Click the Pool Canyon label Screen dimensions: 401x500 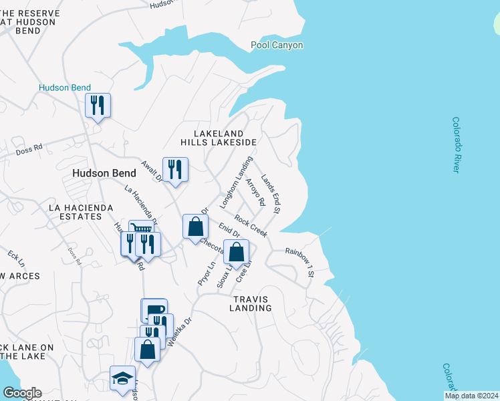[x=277, y=45]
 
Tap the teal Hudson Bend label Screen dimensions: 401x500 [x=65, y=88]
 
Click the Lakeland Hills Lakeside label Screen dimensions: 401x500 [x=219, y=138]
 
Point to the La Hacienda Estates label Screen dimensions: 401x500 [x=81, y=213]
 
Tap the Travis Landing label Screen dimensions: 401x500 [x=251, y=303]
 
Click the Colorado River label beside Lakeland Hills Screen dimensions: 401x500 [x=457, y=145]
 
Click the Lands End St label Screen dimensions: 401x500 [x=271, y=194]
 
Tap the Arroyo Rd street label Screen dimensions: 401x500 [x=255, y=192]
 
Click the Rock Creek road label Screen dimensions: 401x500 [x=251, y=225]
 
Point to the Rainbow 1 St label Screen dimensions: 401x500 [x=299, y=253]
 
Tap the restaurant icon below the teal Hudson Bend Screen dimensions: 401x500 [x=98, y=106]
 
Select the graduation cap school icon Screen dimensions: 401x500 [x=122, y=378]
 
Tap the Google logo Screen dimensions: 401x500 [x=21, y=393]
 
